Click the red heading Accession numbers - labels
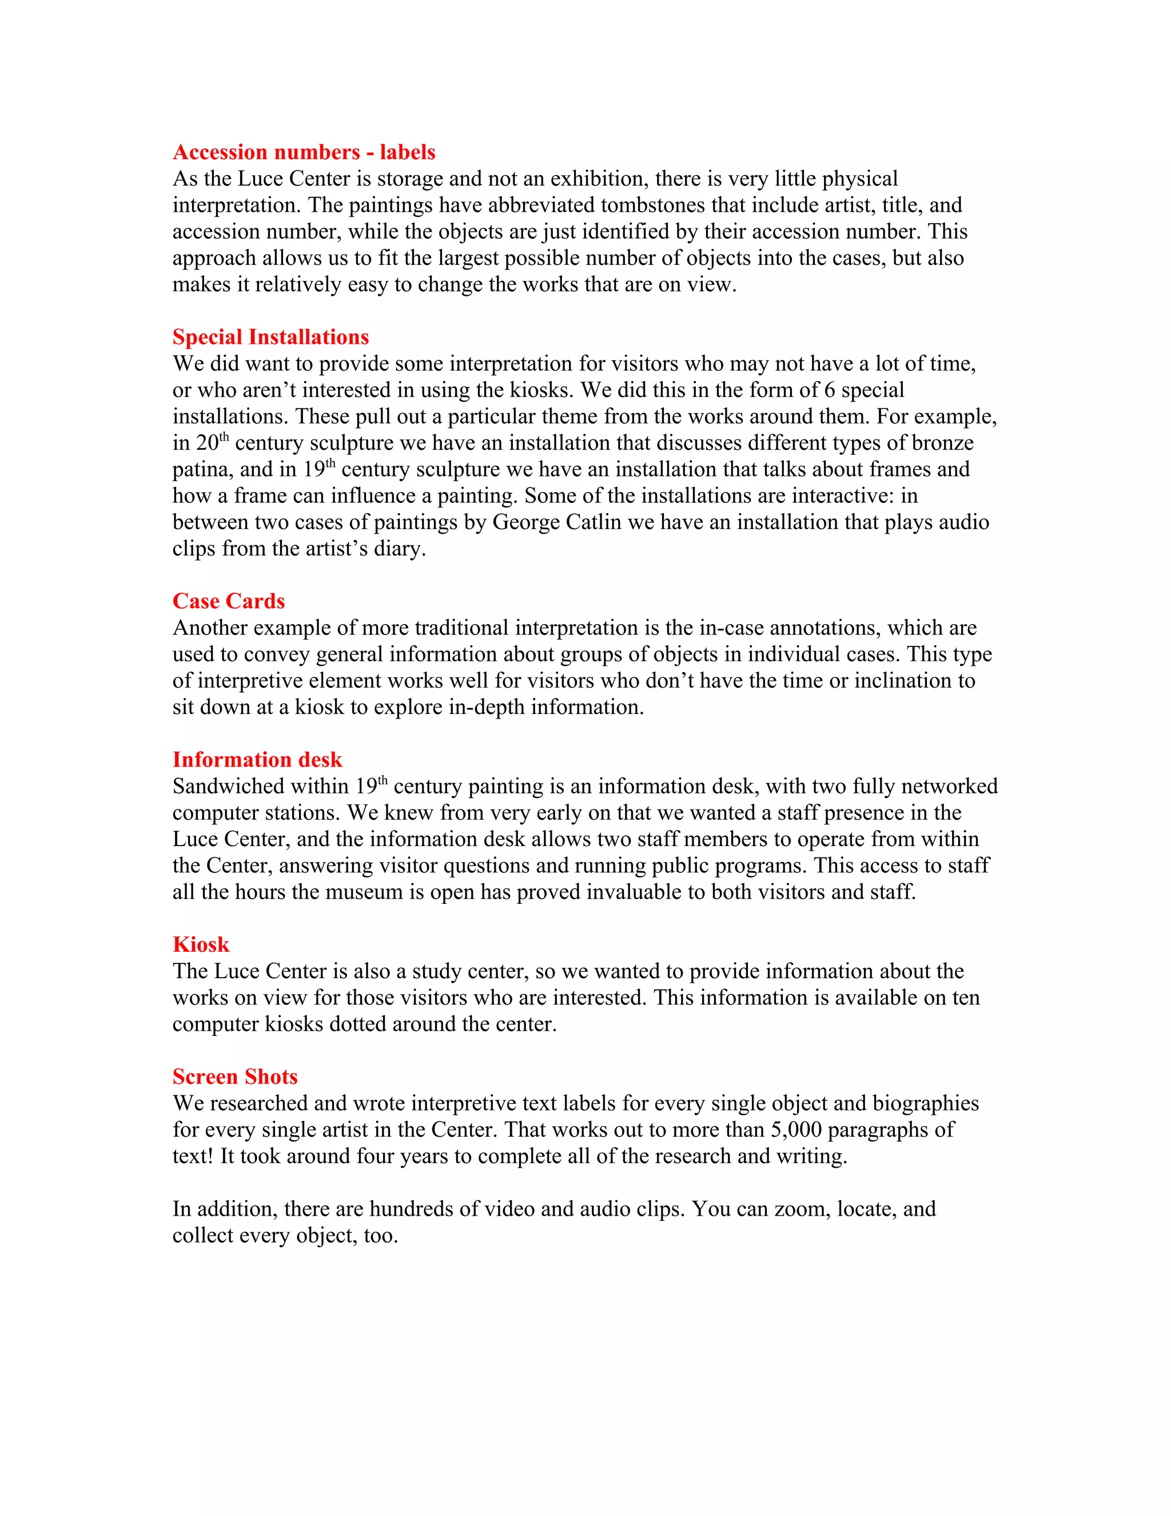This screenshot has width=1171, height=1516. (304, 152)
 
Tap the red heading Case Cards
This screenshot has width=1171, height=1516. (228, 601)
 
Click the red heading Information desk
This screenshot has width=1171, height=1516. (257, 759)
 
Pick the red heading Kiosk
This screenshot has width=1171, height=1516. (201, 944)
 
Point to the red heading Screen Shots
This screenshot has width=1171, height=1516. (234, 1077)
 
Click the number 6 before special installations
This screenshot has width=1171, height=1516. (829, 390)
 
